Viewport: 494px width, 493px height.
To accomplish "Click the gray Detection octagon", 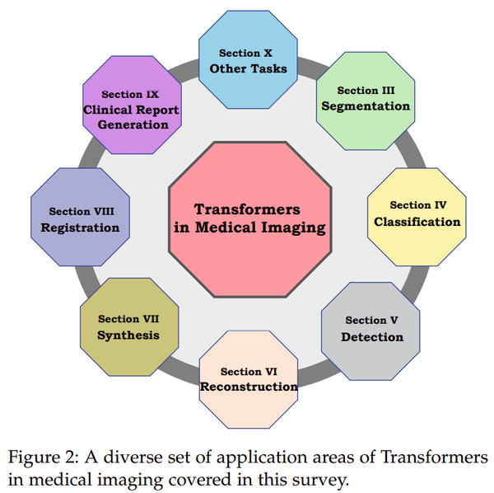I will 371,328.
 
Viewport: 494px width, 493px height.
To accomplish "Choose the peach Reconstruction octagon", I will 249,378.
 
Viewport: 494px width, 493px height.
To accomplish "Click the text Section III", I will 366,91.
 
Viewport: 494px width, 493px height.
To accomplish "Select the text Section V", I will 372,320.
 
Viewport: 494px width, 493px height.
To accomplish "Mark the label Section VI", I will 249,372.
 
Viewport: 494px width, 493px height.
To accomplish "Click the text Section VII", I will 129,319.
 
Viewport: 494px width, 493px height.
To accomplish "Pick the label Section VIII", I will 81,211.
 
